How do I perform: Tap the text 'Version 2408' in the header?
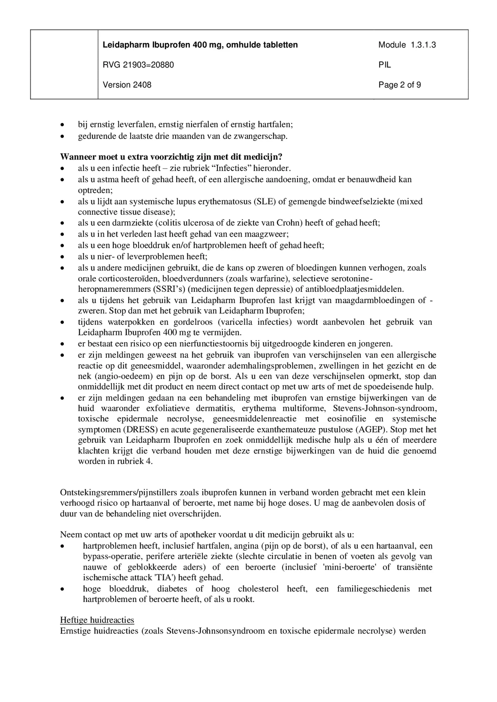[x=127, y=85]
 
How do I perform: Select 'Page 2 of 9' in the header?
[x=400, y=85]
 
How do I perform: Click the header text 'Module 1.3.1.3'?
[x=407, y=45]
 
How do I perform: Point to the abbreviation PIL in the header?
[x=385, y=65]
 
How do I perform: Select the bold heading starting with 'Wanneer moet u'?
[x=171, y=157]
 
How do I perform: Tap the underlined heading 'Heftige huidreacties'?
[x=97, y=620]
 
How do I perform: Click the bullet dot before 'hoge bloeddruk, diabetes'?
[x=62, y=589]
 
